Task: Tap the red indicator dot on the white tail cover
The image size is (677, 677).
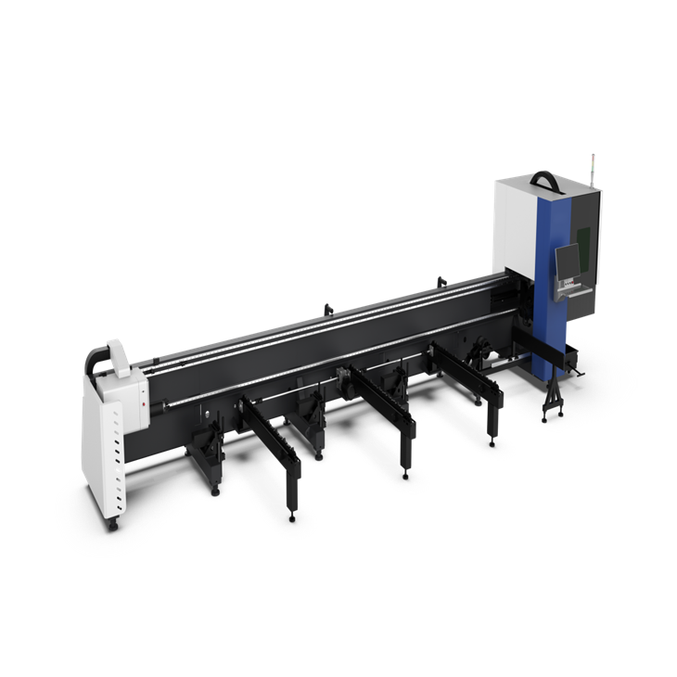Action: (x=143, y=406)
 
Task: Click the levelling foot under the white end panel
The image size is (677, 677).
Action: (x=114, y=526)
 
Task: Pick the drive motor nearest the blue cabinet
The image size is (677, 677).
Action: (x=480, y=351)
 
